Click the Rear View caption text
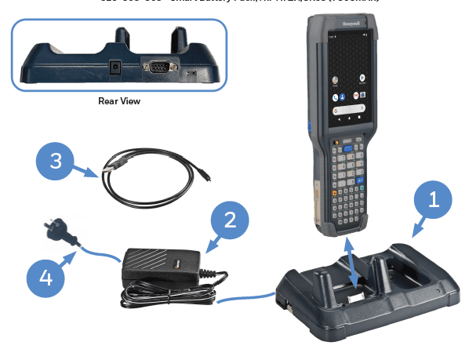pyautogui.click(x=120, y=101)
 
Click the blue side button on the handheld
pyautogui.click(x=310, y=124)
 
